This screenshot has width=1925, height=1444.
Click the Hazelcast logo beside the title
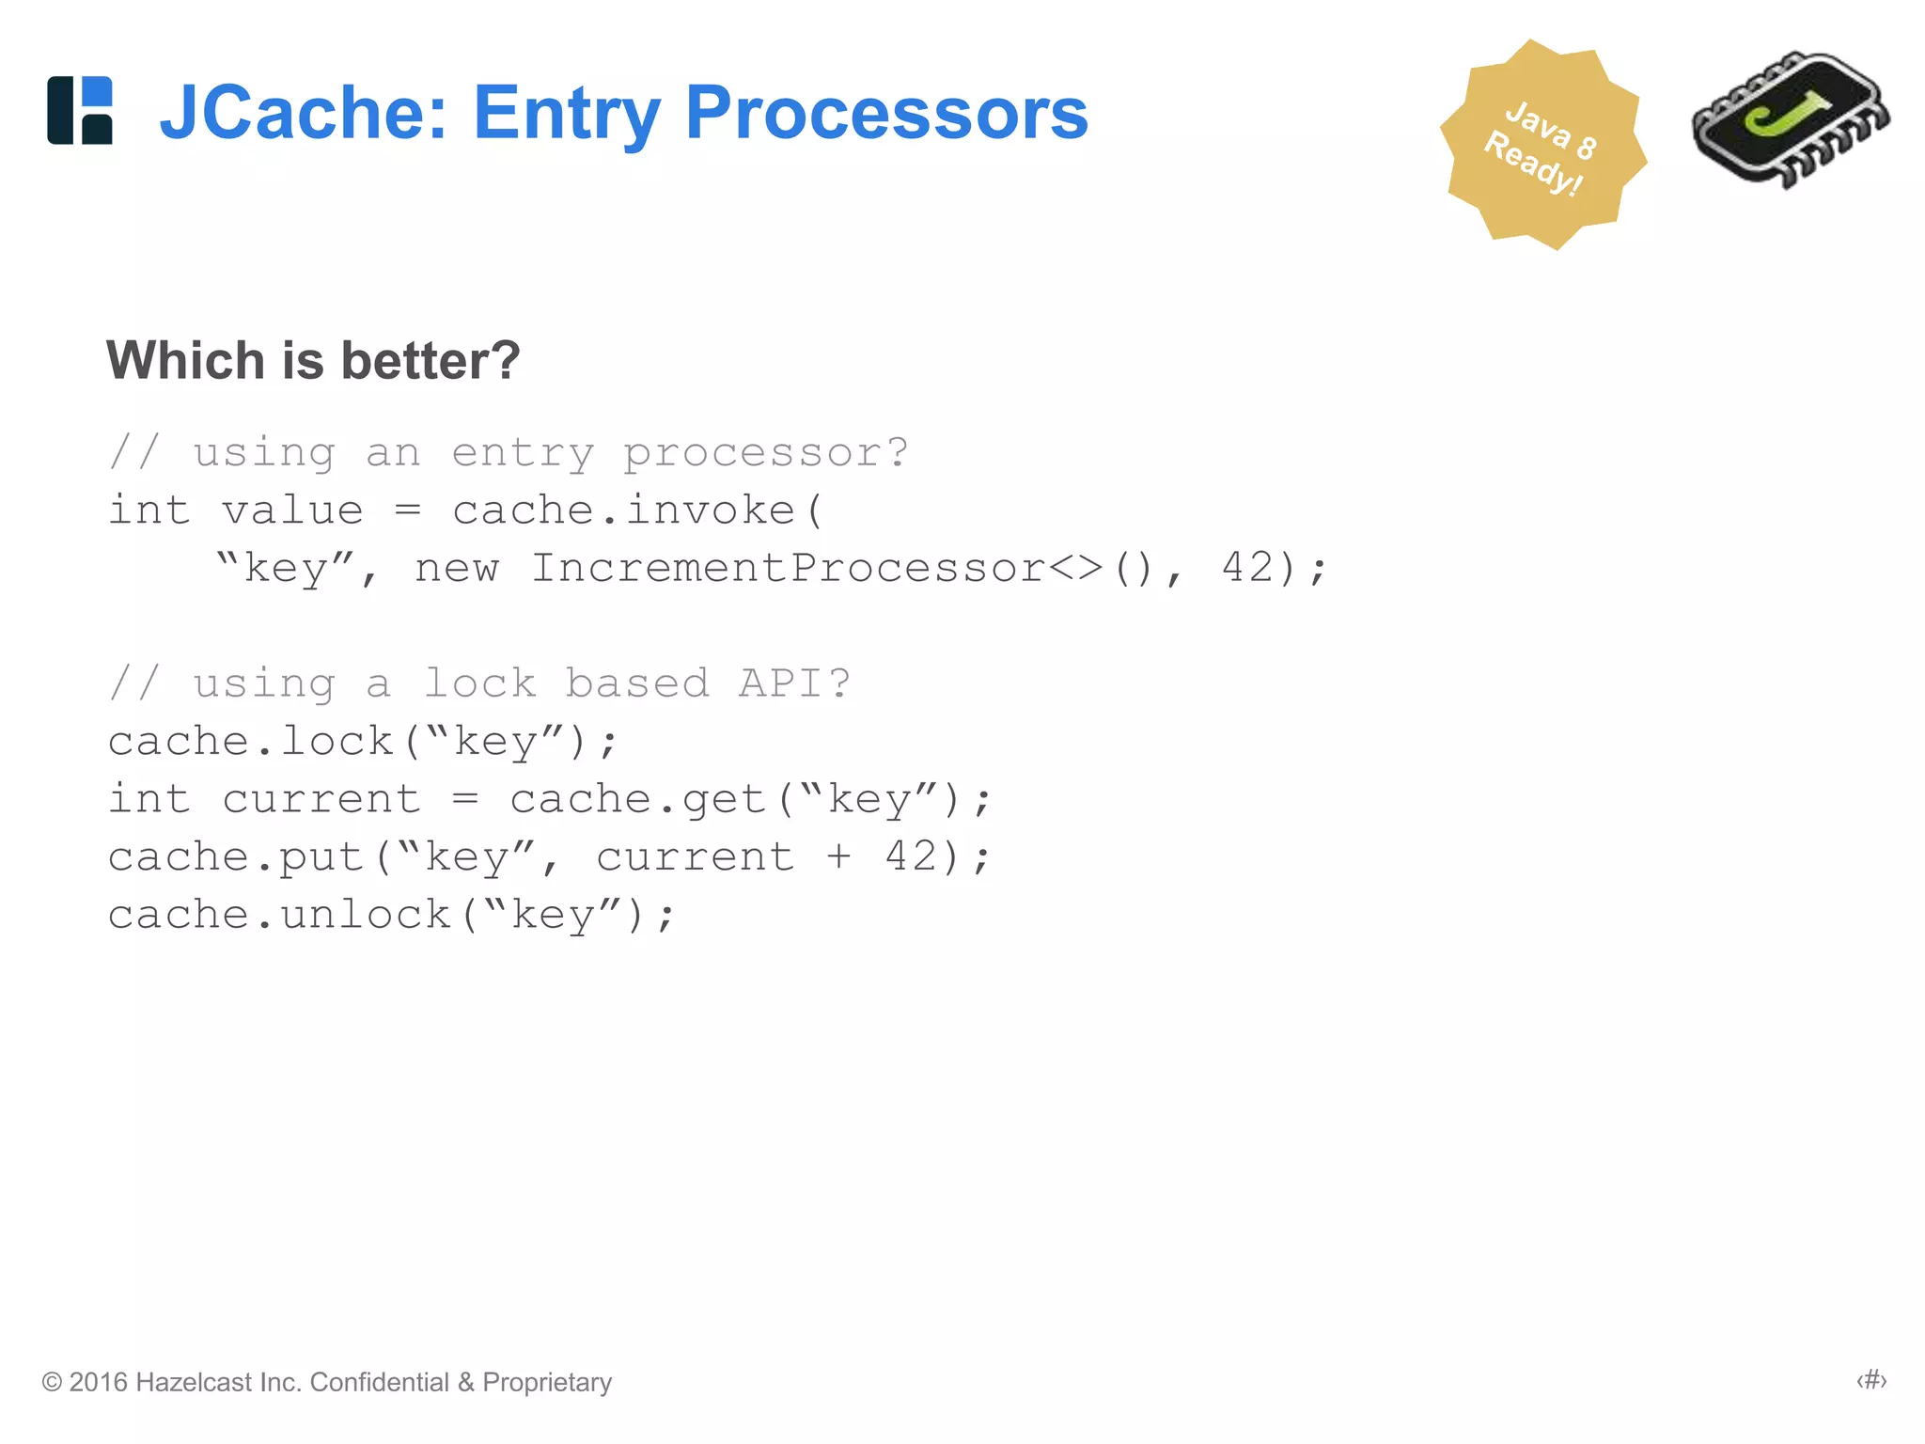80,110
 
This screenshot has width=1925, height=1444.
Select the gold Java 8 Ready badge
1542,146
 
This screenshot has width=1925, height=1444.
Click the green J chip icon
1789,120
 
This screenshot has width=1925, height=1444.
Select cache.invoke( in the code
637,510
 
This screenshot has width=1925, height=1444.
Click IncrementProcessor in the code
788,568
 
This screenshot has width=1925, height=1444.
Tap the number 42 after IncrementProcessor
1246,568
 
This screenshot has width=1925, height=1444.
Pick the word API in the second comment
780,683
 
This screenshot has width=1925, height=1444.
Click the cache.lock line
362,742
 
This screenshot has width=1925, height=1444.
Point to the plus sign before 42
837,857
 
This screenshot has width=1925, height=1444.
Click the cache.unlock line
390,915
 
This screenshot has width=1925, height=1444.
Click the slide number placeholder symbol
1870,1380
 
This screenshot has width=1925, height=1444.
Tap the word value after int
292,510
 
